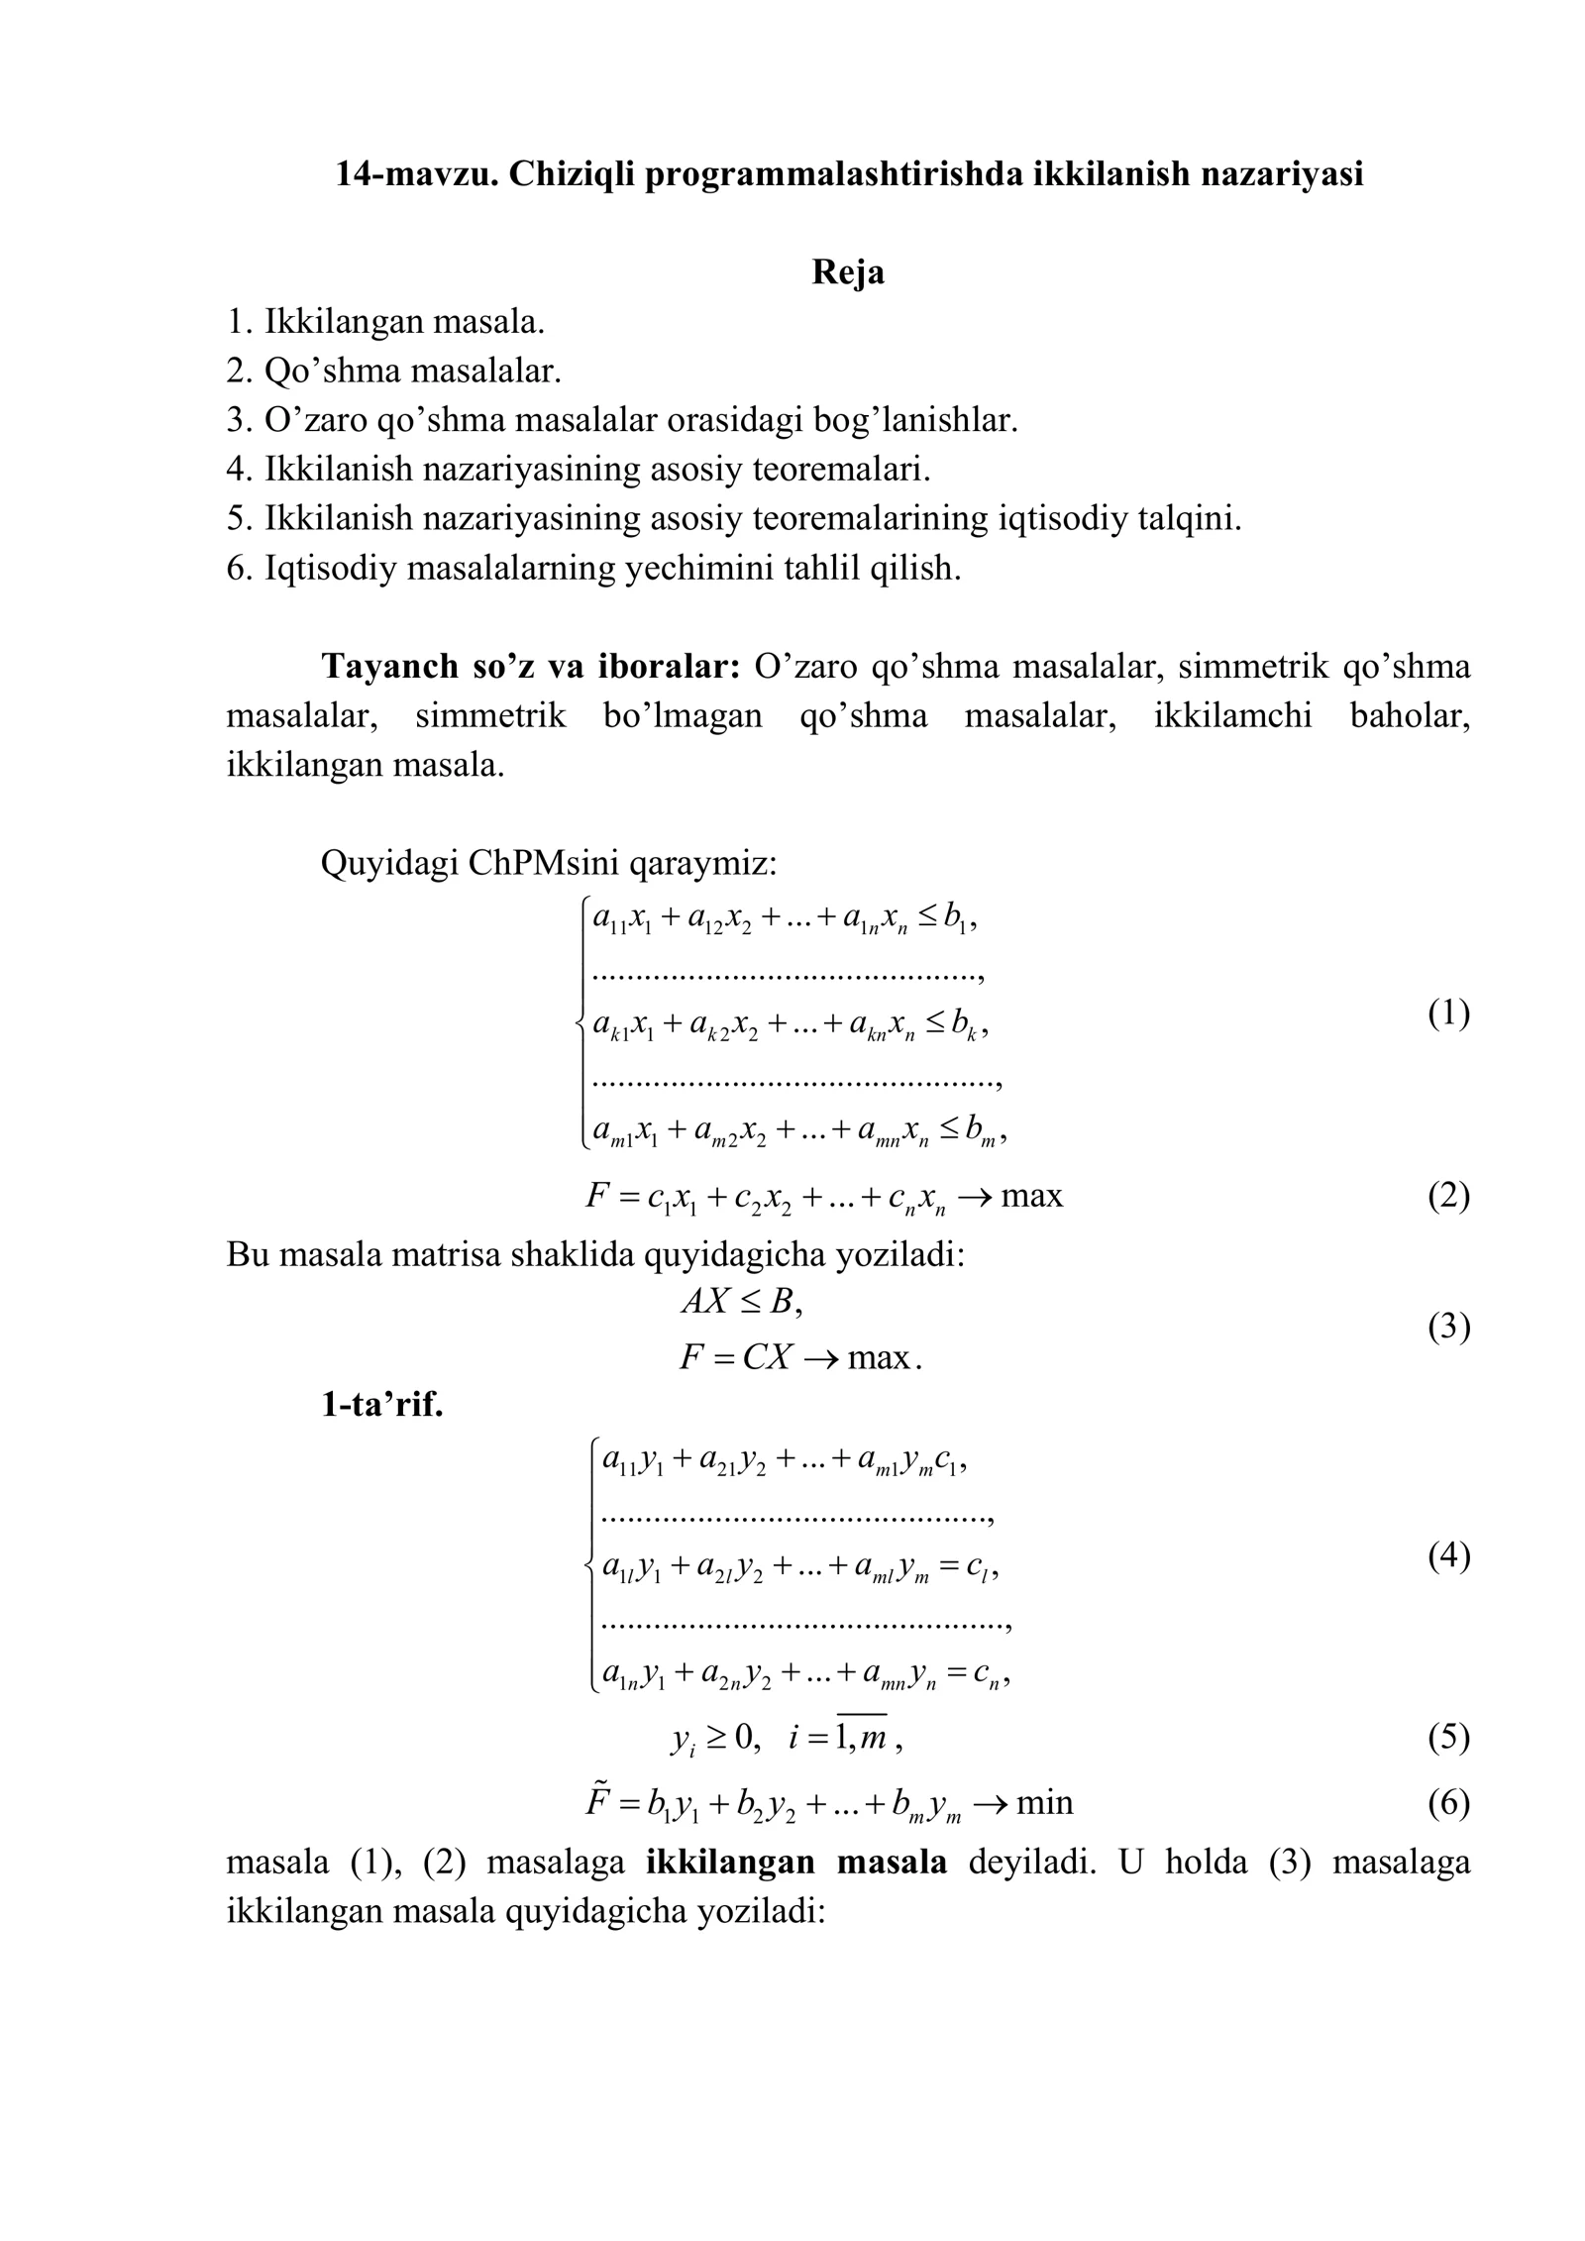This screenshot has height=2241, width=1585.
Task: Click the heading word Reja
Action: (847, 272)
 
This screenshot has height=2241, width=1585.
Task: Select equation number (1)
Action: (1448, 1014)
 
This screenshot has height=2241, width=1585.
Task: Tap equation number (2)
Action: (1448, 1197)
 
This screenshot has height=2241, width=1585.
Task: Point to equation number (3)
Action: (1448, 1327)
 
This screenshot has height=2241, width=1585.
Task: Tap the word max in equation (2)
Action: (1031, 1197)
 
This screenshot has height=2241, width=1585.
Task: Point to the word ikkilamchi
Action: (1232, 716)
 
